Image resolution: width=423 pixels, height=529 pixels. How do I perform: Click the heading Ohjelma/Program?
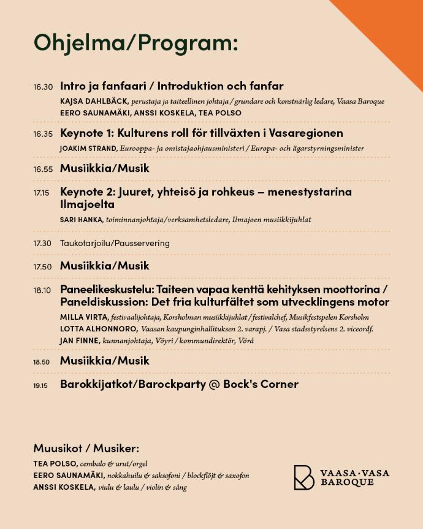(135, 42)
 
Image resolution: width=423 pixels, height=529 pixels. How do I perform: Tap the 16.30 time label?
(43, 87)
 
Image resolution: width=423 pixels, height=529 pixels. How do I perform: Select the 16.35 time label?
(43, 134)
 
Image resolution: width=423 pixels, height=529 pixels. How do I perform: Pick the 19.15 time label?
(41, 385)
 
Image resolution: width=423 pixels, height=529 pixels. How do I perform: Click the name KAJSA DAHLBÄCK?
(94, 101)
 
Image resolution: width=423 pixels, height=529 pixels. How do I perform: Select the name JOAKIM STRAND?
(88, 148)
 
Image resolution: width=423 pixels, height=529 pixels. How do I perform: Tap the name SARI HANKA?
(82, 220)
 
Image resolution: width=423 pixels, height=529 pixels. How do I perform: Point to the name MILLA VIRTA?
(84, 317)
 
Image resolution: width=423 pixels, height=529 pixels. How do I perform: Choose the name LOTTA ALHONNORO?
(98, 329)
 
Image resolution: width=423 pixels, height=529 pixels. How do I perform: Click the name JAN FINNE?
(80, 341)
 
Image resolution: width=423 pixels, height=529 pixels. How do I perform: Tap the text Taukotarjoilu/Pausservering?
(115, 243)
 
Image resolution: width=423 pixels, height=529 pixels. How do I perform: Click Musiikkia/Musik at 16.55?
(104, 168)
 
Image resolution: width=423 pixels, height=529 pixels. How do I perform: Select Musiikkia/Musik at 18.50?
(104, 360)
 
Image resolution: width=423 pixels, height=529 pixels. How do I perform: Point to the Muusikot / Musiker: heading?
(86, 448)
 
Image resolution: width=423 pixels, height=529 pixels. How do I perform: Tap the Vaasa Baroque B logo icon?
(303, 477)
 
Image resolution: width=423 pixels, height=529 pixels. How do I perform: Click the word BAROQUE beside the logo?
(347, 482)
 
